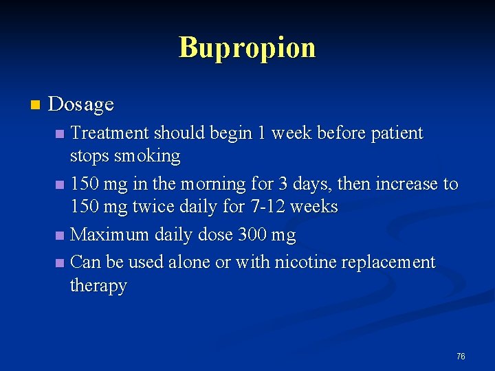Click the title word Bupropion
point(247,48)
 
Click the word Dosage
point(81,104)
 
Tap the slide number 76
point(461,356)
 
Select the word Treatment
point(110,133)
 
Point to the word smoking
point(147,156)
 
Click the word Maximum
point(110,235)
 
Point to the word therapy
point(98,286)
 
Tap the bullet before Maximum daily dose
point(60,236)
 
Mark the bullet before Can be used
point(60,263)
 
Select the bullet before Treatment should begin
point(60,133)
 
